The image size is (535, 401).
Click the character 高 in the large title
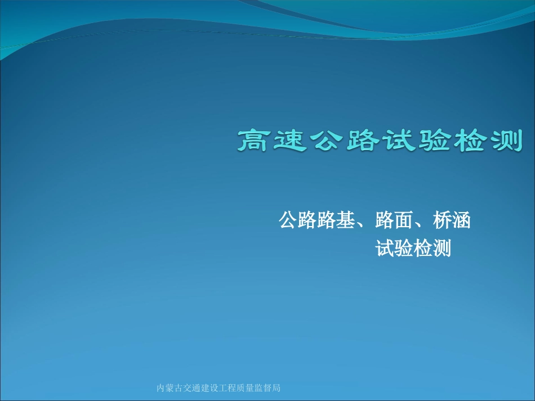tap(255, 140)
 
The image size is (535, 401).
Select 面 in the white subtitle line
tap(403, 220)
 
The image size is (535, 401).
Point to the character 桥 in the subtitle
tap(442, 220)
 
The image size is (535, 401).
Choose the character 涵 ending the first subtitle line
tap(461, 220)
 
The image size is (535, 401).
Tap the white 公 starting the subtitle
tap(288, 220)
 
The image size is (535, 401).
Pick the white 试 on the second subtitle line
tap(385, 248)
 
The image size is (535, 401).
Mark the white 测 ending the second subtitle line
tap(442, 248)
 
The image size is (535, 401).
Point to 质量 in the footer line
tap(248, 388)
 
